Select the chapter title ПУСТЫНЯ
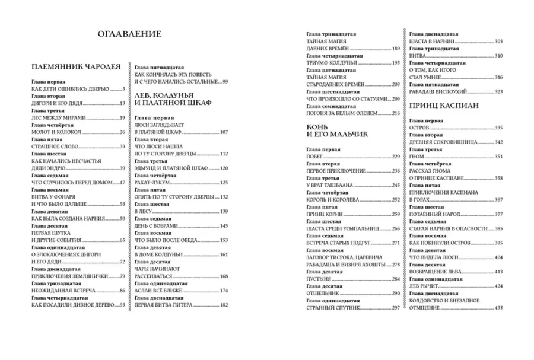(x=319, y=279)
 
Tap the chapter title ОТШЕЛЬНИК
(x=323, y=294)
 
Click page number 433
(x=498, y=307)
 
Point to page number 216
(x=396, y=113)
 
